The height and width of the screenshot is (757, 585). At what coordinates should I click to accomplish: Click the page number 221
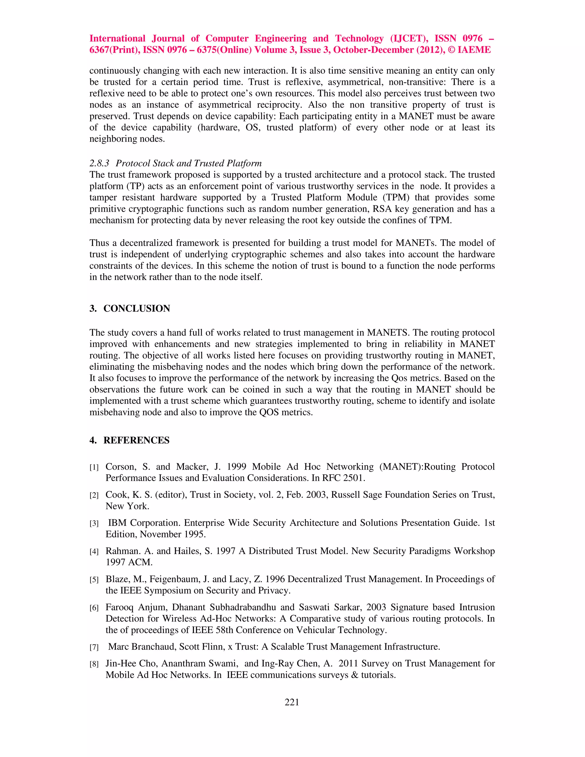tap(292, 702)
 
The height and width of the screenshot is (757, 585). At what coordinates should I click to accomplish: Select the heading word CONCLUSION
tap(137, 309)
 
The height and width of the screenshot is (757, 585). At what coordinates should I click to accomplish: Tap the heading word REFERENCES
tap(136, 440)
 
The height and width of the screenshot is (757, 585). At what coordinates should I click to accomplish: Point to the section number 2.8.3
tap(99, 163)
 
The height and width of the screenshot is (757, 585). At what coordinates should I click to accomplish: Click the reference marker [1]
tap(94, 468)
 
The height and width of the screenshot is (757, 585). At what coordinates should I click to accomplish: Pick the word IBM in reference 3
tap(117, 523)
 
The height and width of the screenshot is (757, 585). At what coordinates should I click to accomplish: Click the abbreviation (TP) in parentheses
tap(135, 186)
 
